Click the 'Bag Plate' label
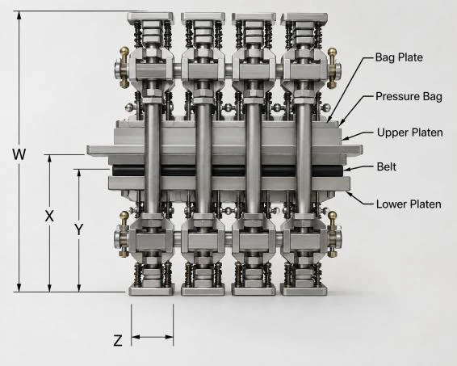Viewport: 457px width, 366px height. (399, 57)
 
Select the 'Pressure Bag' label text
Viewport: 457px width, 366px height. (409, 96)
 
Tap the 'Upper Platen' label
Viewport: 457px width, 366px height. (410, 133)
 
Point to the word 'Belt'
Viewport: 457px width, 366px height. (387, 166)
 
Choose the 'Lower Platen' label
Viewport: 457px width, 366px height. (409, 204)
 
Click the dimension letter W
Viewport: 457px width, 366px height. (19, 154)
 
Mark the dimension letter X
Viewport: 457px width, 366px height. (49, 216)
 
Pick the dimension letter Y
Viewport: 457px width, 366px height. (78, 229)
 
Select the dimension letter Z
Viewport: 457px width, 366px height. (118, 341)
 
